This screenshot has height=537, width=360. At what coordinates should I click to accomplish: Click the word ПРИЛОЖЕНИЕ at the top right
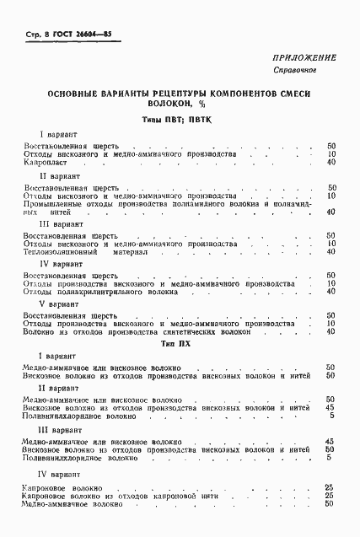pos(304,57)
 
